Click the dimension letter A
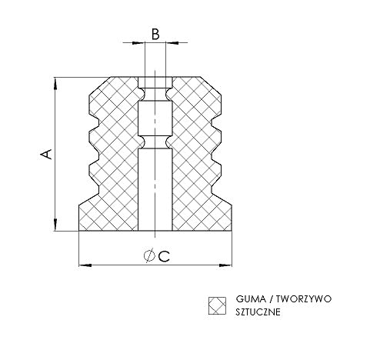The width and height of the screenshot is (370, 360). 46,154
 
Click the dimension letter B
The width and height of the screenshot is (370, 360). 155,34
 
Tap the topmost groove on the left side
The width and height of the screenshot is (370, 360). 94,122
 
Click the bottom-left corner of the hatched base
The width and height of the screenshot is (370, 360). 80,230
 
